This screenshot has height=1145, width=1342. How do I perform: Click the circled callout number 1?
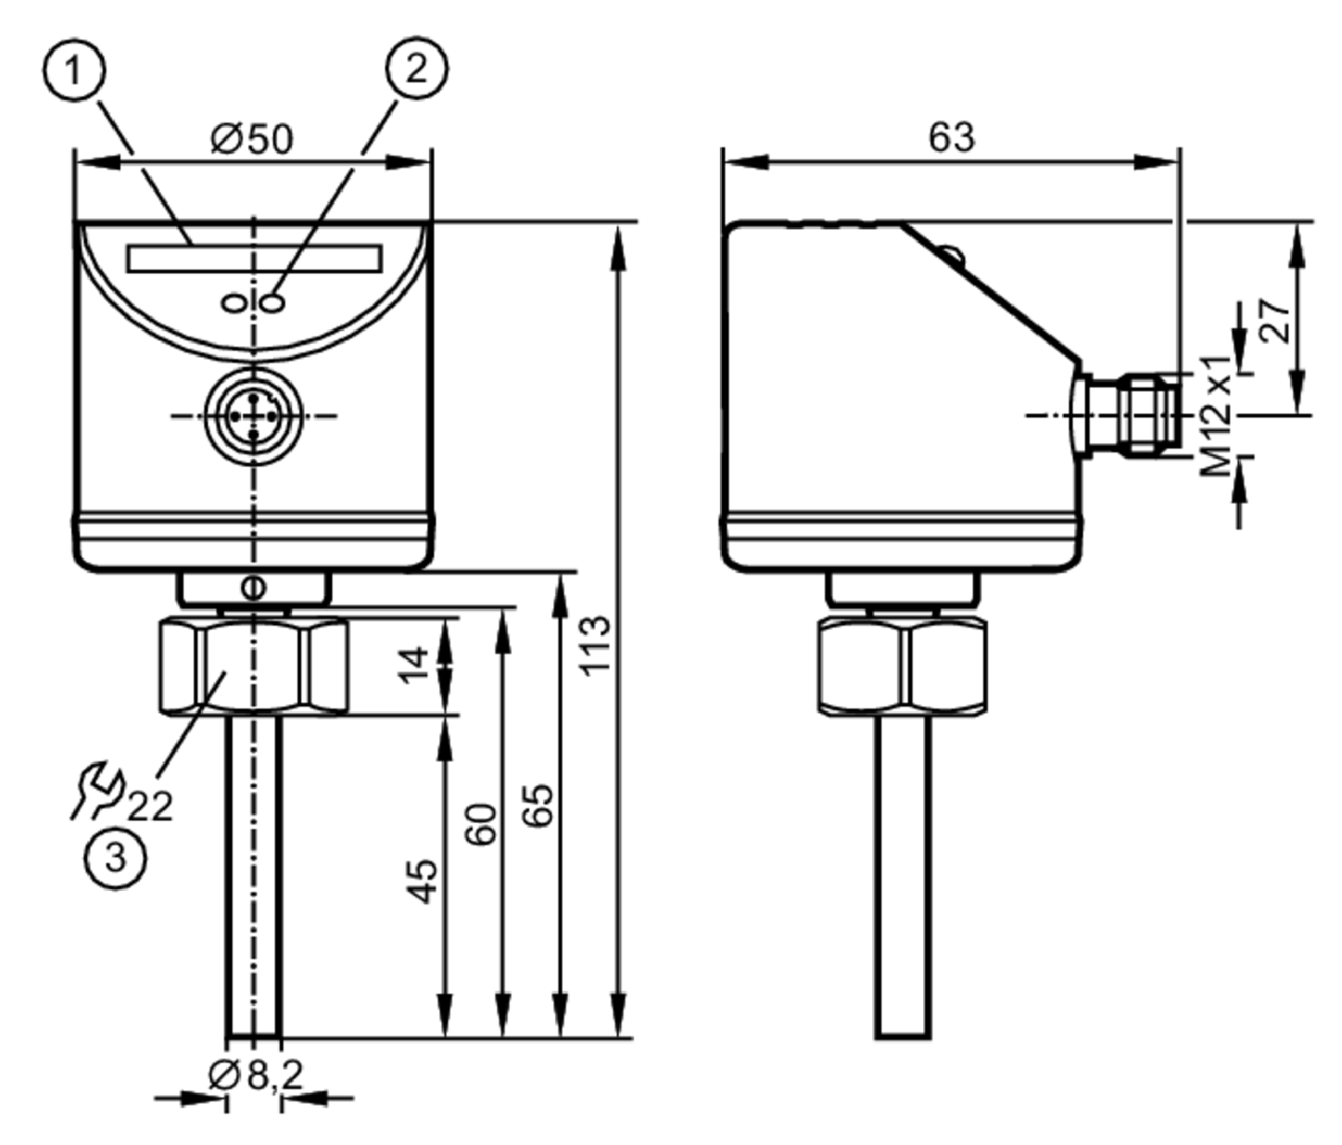[73, 71]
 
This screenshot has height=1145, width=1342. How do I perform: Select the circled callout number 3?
[115, 858]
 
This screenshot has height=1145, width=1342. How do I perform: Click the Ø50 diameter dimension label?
[251, 139]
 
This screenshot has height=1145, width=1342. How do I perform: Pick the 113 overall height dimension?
[595, 646]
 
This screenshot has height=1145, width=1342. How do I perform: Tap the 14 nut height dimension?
[413, 665]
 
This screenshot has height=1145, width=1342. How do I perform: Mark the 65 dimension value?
[539, 805]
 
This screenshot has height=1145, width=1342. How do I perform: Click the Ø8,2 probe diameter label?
[256, 1075]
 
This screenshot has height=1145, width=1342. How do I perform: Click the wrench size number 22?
[150, 807]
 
